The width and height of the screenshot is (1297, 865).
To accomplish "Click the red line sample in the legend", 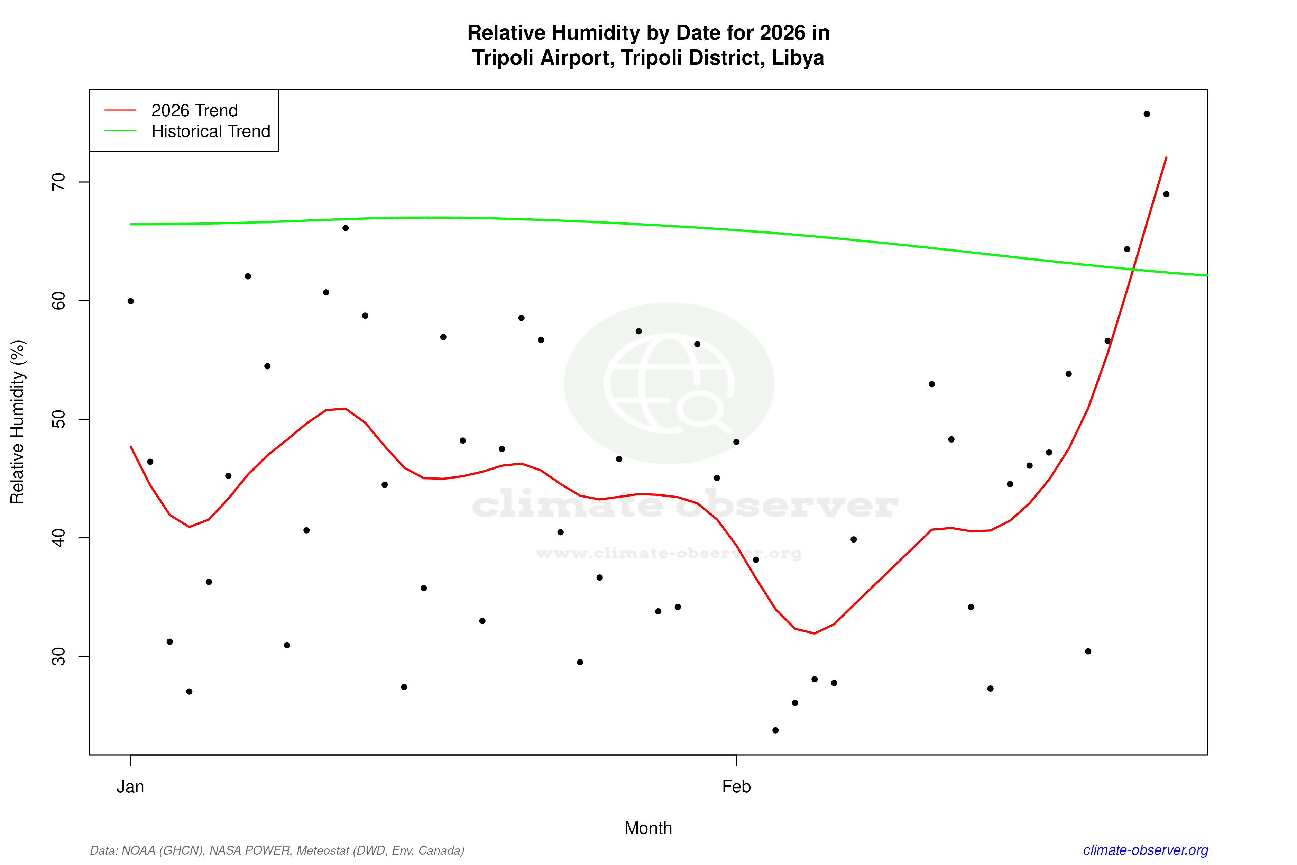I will point(120,110).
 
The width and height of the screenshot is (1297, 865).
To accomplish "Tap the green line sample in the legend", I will point(120,131).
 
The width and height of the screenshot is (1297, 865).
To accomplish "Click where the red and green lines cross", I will point(1133,269).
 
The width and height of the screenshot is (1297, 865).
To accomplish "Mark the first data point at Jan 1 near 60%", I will point(131,301).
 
